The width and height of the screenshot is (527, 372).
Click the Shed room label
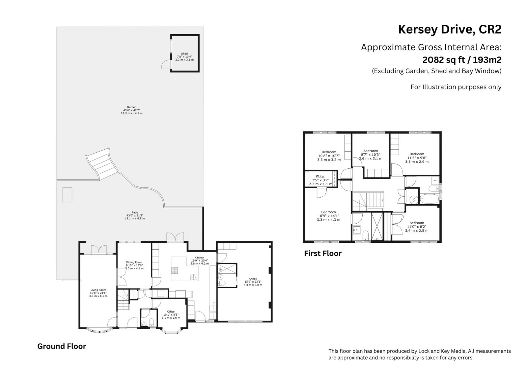pyautogui.click(x=184, y=54)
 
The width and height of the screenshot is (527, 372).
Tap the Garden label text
pyautogui.click(x=131, y=107)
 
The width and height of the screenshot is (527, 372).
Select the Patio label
pyautogui.click(x=135, y=212)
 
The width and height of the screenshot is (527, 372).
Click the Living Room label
pyautogui.click(x=98, y=290)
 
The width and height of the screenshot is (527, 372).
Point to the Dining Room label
pyautogui.click(x=134, y=262)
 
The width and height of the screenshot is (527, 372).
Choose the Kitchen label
pyautogui.click(x=200, y=258)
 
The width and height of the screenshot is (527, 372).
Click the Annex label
pyautogui.click(x=253, y=279)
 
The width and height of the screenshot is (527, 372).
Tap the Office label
pyautogui.click(x=171, y=311)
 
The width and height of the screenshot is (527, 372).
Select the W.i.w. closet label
pyautogui.click(x=321, y=176)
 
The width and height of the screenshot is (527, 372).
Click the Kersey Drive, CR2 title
pyautogui.click(x=450, y=30)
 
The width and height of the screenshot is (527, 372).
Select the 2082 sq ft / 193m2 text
pyautogui.click(x=462, y=60)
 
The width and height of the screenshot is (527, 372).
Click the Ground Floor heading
pyautogui.click(x=62, y=346)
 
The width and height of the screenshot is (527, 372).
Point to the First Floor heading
pyautogui.click(x=323, y=253)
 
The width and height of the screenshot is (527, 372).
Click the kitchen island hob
pyautogui.click(x=175, y=270)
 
